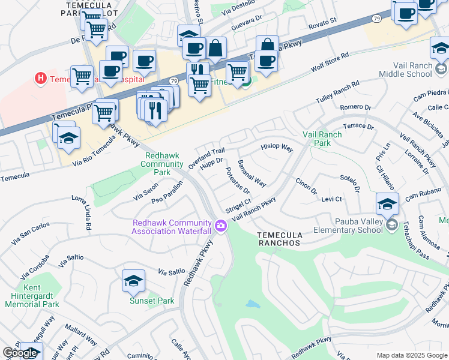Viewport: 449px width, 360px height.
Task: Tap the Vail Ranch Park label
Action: [x=322, y=139]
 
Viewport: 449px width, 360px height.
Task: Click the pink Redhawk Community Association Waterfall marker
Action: [x=221, y=226]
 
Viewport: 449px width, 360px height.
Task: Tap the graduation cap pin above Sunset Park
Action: [x=133, y=280]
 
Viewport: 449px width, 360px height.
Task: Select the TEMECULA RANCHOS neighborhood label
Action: [x=279, y=238]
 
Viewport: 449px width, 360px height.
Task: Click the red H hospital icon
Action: [x=41, y=78]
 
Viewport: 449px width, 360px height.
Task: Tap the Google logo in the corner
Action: [x=20, y=353]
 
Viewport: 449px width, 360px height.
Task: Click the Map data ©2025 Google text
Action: [x=412, y=355]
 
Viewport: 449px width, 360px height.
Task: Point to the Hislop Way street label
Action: [x=276, y=147]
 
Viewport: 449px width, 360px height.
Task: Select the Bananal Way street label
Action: [x=252, y=172]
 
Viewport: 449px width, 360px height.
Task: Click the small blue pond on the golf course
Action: [x=253, y=304]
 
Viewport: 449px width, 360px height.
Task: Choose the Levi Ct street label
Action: [x=331, y=199]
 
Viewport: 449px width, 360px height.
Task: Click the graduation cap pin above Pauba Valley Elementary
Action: [x=387, y=204]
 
